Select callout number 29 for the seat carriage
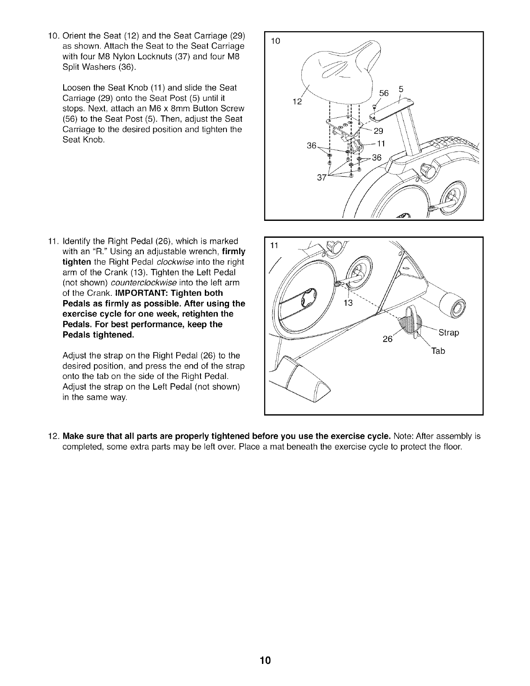click(378, 132)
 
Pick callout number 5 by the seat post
click(401, 90)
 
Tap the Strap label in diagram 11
click(448, 333)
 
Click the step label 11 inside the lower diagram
click(273, 246)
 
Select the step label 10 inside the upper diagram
click(275, 41)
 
